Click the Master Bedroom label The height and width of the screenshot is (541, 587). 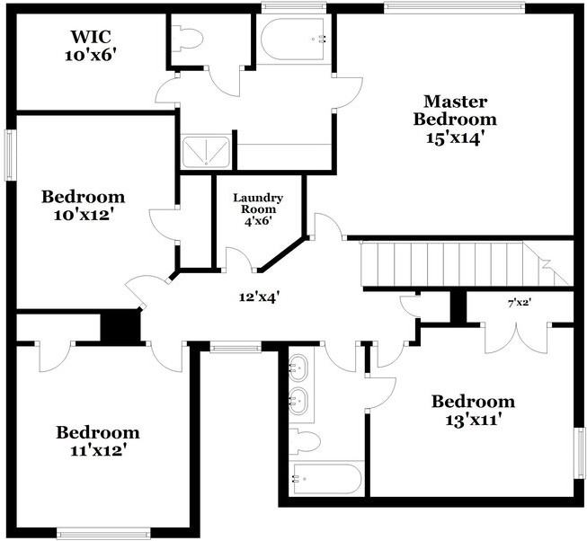point(455,120)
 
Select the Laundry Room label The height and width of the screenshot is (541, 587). point(258,209)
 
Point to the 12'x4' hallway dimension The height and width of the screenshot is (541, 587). point(260,297)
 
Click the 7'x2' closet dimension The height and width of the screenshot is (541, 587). point(520,303)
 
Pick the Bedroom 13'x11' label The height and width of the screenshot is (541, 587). point(473,411)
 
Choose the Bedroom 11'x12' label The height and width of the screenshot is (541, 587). point(98,441)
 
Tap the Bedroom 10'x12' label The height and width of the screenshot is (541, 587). point(83,206)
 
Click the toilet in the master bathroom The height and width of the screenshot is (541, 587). point(187,39)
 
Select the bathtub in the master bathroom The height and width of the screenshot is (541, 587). point(293,39)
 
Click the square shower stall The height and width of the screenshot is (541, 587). point(206,152)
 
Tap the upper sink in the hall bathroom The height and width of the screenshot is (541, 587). point(298,368)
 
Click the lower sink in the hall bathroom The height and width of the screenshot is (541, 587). point(298,401)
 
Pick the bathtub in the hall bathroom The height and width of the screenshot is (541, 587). point(327,479)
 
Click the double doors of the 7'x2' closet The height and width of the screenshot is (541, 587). point(517,338)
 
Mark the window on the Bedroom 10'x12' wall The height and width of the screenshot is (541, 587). point(11,155)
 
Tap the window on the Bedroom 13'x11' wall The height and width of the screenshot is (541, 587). point(581,453)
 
